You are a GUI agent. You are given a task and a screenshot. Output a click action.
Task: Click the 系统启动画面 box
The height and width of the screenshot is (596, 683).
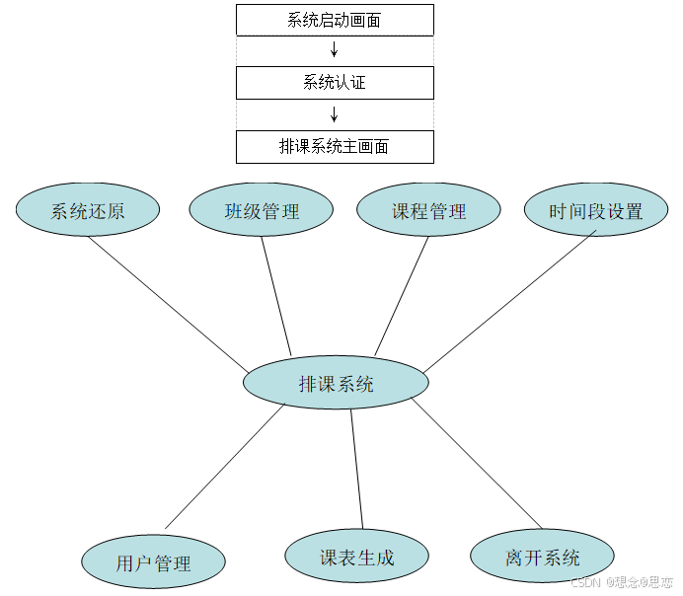click(x=335, y=20)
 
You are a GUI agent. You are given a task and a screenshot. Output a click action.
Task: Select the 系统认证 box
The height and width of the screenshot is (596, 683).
click(x=335, y=83)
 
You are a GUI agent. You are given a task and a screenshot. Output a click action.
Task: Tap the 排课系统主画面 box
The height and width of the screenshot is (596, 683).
click(x=335, y=147)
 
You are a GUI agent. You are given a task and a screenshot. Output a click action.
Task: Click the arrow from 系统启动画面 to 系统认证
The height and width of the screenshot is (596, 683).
click(x=335, y=50)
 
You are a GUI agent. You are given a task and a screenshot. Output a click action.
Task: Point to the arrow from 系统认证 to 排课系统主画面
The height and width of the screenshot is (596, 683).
click(x=335, y=114)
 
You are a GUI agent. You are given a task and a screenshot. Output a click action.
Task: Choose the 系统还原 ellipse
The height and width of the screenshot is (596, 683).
click(x=88, y=210)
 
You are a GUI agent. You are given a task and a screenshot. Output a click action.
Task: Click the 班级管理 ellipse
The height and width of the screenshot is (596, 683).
click(x=262, y=210)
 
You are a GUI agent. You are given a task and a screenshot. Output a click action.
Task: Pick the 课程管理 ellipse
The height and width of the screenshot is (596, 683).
click(x=428, y=210)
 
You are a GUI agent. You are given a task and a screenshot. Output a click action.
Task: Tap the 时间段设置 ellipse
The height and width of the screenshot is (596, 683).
click(x=596, y=210)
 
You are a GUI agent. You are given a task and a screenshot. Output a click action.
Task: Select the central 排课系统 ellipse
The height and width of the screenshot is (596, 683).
click(x=336, y=384)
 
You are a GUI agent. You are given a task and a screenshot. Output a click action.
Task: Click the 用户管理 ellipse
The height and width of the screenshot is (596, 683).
click(x=153, y=563)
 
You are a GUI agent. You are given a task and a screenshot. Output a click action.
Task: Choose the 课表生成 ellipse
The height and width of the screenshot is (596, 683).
click(x=356, y=558)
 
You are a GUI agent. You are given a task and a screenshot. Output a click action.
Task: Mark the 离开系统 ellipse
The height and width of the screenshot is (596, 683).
click(x=542, y=558)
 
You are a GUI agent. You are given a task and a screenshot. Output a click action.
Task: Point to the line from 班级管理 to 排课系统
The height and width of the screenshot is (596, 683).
click(x=276, y=296)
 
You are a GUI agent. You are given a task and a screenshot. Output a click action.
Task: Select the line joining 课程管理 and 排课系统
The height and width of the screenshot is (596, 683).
click(x=403, y=295)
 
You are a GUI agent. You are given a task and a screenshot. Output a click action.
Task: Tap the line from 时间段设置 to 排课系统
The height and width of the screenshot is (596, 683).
click(x=510, y=301)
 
